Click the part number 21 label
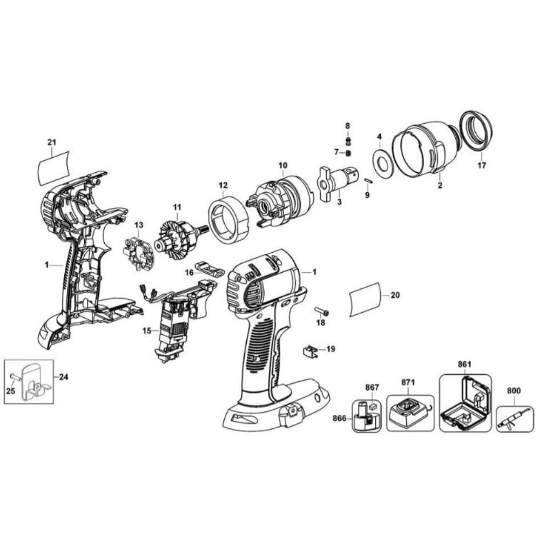point(52,142)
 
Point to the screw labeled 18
point(322,312)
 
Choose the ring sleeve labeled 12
point(228,218)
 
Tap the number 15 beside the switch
point(147,330)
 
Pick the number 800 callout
point(514,391)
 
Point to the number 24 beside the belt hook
point(63,377)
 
